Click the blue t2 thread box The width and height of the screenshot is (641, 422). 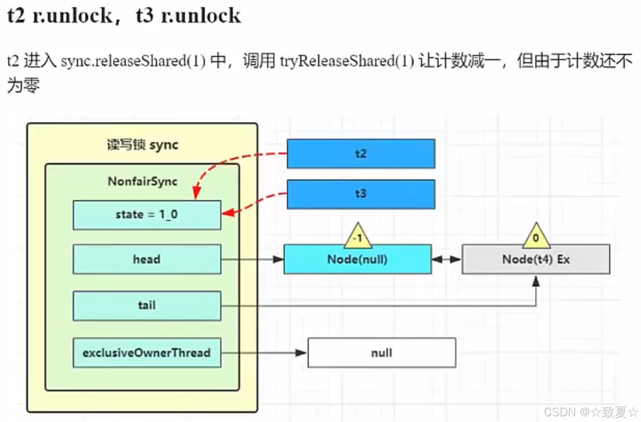point(361,154)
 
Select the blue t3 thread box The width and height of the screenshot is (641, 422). point(361,194)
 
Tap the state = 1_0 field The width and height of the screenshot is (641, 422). point(147,215)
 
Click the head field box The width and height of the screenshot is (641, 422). point(147,259)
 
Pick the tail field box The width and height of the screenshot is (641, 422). point(147,305)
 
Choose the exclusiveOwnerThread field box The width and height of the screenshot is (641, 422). point(147,353)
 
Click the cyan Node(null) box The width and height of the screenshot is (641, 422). point(357,260)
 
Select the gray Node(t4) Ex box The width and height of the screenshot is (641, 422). point(535,260)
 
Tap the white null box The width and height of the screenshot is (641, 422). point(382,353)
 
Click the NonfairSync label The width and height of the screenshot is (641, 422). point(142,181)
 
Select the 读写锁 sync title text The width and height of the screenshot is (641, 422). point(142,145)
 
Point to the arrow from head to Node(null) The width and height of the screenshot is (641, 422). point(252,258)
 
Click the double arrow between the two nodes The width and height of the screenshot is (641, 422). point(447,258)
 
